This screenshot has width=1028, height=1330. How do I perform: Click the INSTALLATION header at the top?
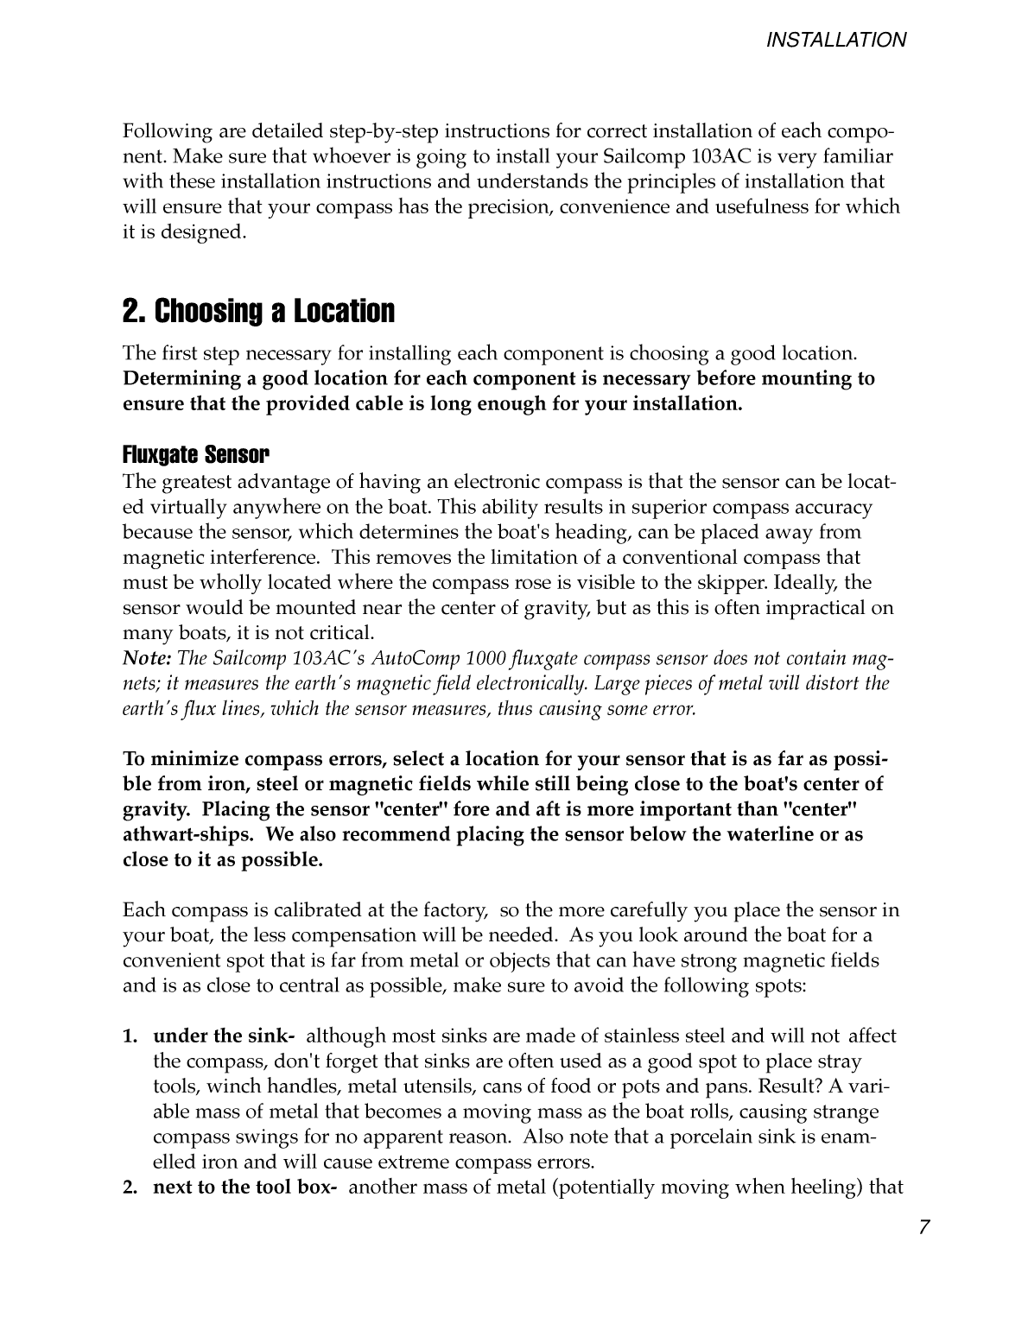pos(836,40)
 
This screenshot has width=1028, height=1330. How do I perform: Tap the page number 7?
pos(924,1227)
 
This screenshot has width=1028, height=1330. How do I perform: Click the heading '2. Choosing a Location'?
pos(258,312)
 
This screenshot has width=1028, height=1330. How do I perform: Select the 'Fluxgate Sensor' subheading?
pos(196,454)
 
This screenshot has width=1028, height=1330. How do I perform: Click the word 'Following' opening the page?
pos(168,132)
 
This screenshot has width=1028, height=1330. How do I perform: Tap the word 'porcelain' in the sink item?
pos(701,1137)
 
